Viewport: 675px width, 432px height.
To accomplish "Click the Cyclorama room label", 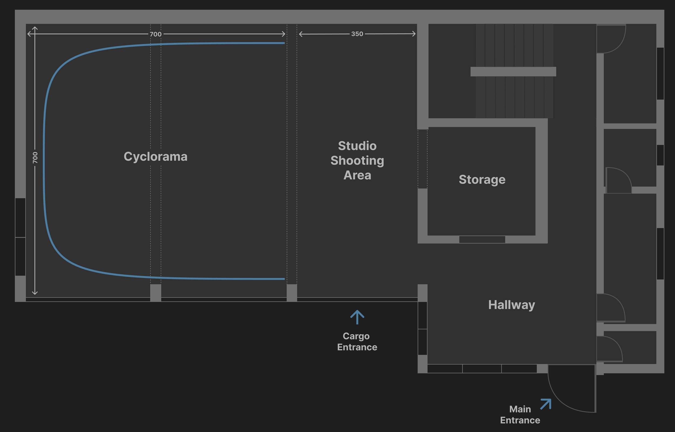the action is (155, 157).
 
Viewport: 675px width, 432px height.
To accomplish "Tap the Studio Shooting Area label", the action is (357, 160).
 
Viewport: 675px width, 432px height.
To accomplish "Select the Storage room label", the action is (482, 180).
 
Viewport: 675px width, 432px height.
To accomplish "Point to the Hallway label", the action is (511, 305).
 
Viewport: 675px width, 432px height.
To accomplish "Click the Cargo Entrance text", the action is (357, 341).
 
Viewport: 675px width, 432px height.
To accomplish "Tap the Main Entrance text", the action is (520, 415).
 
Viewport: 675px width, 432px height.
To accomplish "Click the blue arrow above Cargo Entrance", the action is (357, 317).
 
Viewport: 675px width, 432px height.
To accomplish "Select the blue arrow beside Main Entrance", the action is (546, 404).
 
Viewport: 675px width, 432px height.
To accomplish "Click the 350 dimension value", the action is (357, 34).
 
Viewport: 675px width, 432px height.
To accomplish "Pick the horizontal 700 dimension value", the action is (155, 34).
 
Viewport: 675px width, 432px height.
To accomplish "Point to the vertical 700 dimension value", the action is (35, 157).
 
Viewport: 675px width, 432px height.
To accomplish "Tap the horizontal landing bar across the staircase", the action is (513, 72).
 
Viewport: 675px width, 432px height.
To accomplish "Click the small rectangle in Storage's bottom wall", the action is (482, 239).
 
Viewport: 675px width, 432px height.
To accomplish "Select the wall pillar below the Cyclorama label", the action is (156, 293).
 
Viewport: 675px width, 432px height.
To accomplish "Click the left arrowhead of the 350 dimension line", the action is (301, 34).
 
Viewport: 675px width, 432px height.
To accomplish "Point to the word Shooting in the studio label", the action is (357, 160).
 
